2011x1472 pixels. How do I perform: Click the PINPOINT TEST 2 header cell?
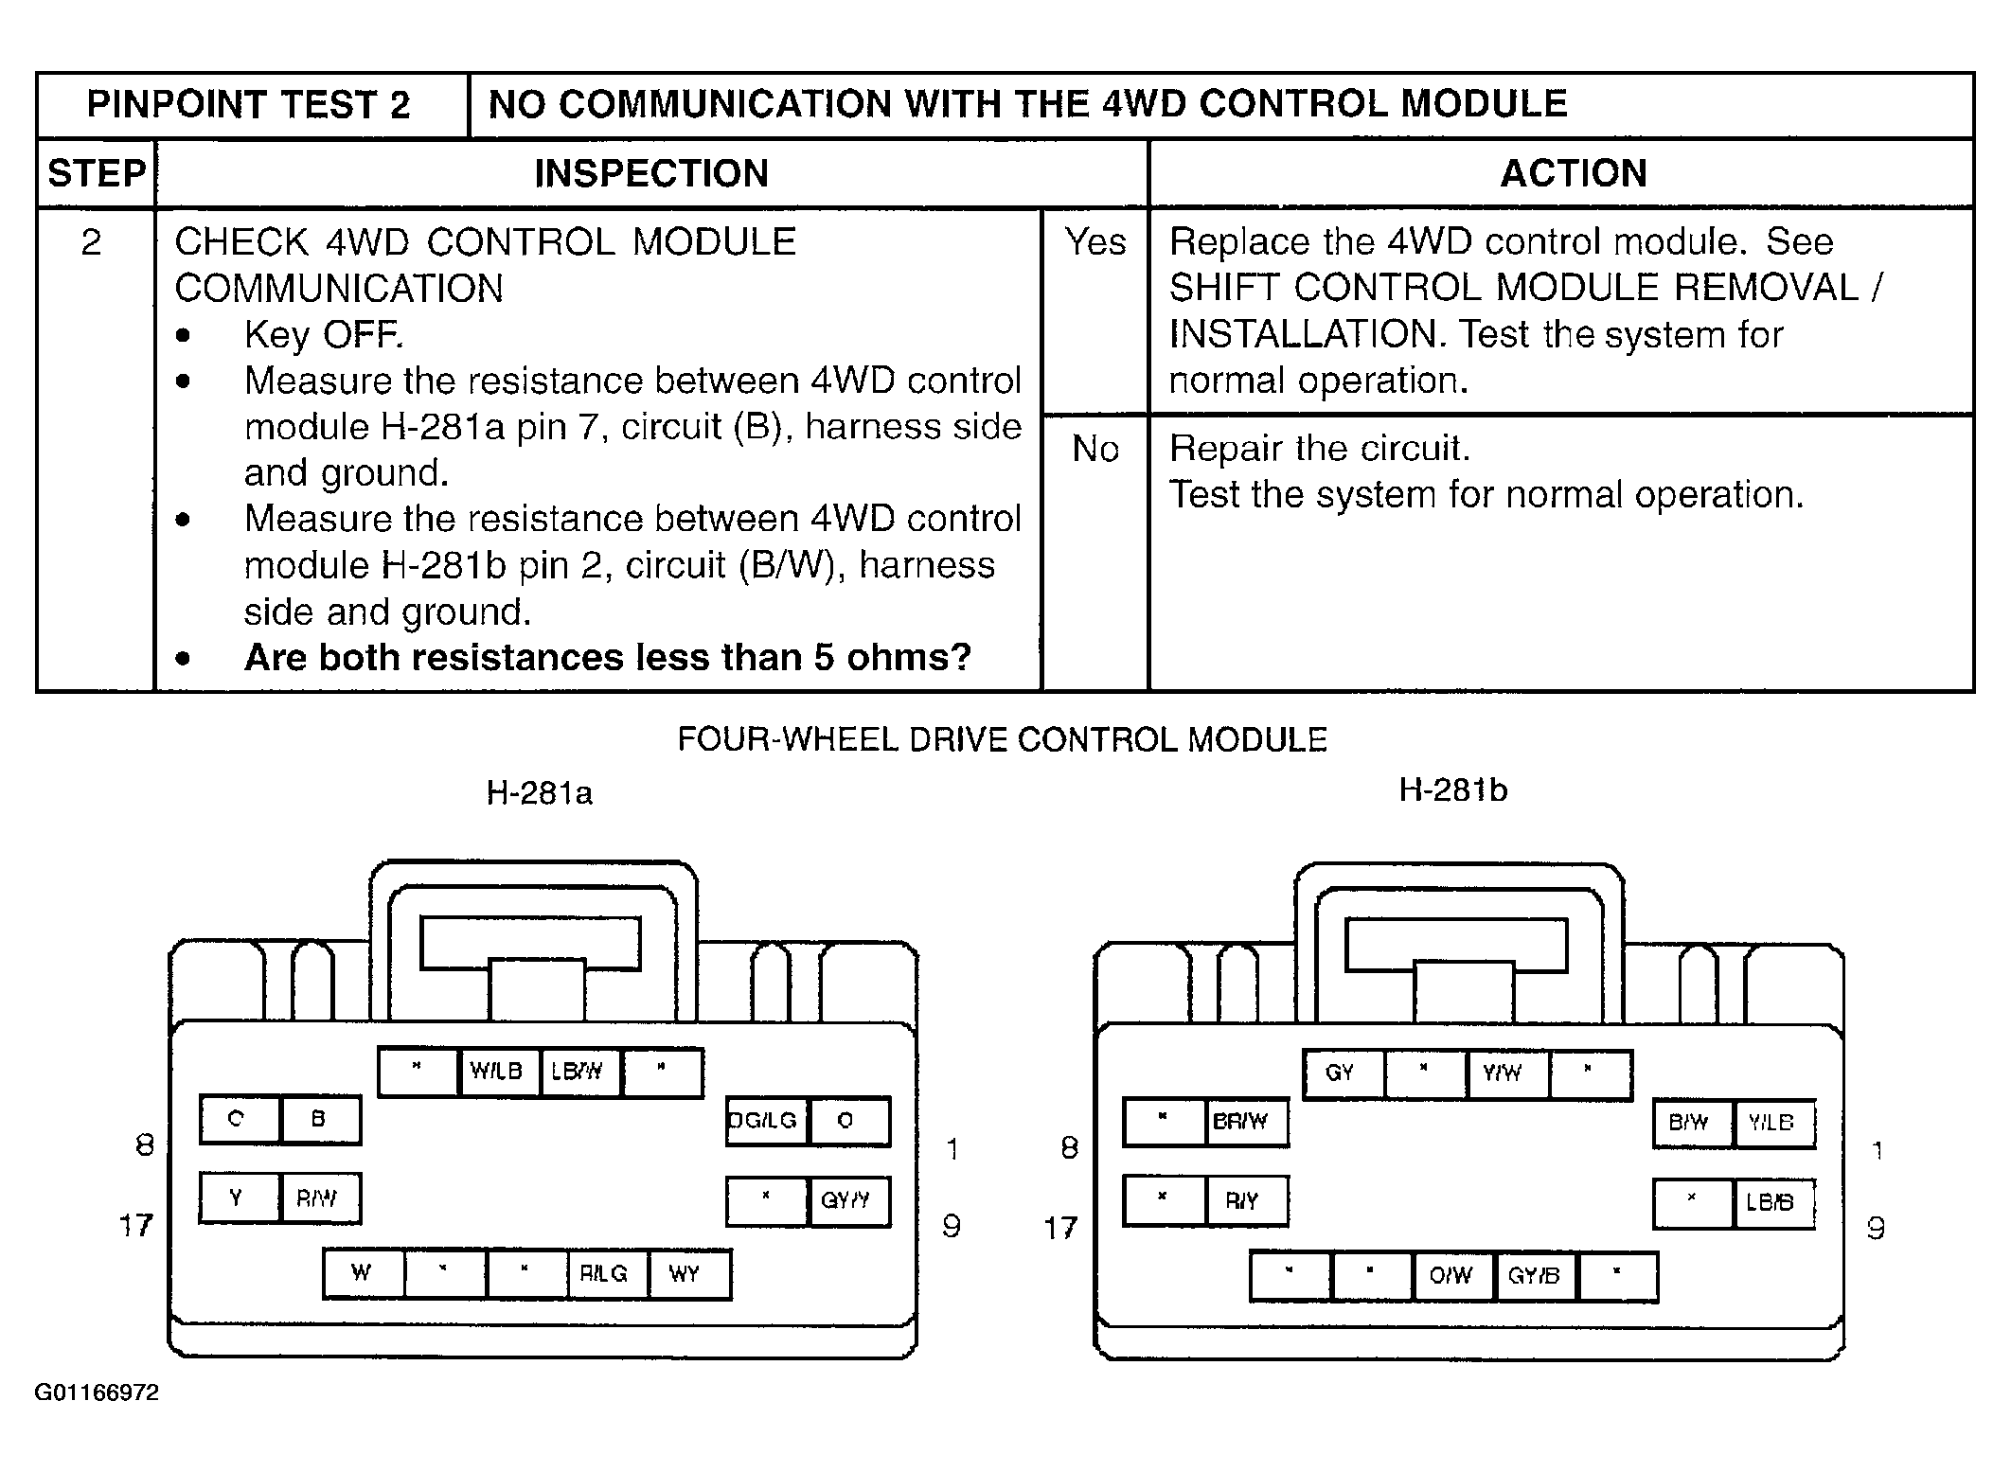click(249, 105)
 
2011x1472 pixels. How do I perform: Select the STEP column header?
click(97, 174)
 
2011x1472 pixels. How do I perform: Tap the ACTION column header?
click(1573, 174)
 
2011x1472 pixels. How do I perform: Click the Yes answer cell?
click(1094, 242)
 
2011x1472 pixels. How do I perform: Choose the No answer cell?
click(1094, 449)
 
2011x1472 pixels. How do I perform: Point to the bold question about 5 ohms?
click(607, 658)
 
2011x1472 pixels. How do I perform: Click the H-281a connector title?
click(539, 792)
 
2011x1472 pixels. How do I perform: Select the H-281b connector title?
click(1452, 789)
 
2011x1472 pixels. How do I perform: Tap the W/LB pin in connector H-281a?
click(497, 1072)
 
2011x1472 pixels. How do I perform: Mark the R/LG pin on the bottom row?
click(604, 1273)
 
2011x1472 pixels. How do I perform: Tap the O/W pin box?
click(1450, 1276)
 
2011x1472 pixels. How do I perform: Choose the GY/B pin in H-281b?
click(1533, 1276)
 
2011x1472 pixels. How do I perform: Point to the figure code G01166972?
click(97, 1392)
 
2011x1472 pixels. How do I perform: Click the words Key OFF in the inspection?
click(323, 335)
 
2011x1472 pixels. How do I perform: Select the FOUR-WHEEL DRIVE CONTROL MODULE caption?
click(1002, 739)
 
